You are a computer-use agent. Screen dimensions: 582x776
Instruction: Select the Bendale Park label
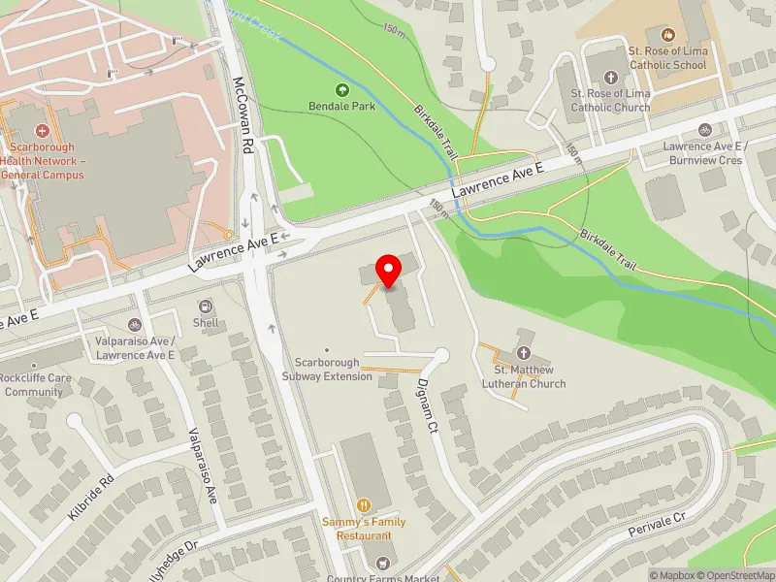click(x=341, y=107)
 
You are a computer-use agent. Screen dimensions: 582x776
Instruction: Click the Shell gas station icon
click(x=206, y=307)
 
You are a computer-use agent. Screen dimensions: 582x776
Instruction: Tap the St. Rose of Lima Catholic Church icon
click(x=610, y=77)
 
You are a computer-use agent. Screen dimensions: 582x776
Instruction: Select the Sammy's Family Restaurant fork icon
click(x=364, y=504)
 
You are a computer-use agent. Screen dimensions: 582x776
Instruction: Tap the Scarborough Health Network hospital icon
click(x=42, y=130)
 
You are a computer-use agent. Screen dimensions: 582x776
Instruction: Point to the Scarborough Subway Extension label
click(x=327, y=370)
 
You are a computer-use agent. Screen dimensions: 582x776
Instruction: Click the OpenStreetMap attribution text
click(x=734, y=575)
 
